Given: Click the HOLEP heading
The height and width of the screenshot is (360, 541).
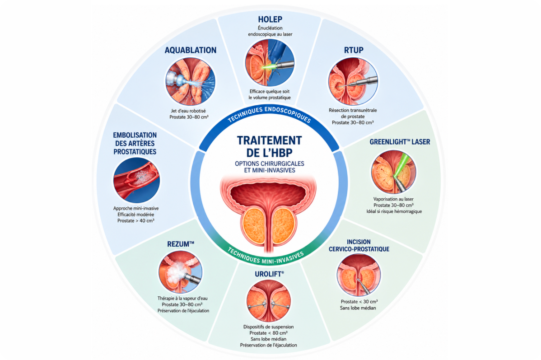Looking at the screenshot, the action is tap(270, 19).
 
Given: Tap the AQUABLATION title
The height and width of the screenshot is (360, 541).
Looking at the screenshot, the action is tap(191, 51).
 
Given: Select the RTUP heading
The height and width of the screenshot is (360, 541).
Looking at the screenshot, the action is tap(354, 50).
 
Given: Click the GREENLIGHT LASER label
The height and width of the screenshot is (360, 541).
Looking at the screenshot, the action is tap(400, 142).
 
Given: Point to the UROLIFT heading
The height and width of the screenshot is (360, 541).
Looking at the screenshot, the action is tap(269, 274).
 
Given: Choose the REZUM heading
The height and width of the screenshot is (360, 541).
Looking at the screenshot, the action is tap(181, 244).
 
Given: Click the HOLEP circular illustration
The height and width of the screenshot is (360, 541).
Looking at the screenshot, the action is tap(270, 63).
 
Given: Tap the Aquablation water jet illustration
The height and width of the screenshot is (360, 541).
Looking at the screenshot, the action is tap(191, 81).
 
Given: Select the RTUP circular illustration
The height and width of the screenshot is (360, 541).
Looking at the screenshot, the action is tap(353, 81).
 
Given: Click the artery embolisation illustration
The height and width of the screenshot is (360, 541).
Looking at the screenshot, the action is tap(137, 180).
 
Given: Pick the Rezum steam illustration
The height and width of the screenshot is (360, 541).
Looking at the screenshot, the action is tap(181, 272).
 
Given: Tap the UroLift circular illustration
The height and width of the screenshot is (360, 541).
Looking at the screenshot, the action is tap(268, 301).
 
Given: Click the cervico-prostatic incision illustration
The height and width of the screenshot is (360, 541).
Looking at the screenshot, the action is tap(359, 275).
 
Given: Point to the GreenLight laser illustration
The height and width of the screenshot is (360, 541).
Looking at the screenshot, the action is tap(394, 172).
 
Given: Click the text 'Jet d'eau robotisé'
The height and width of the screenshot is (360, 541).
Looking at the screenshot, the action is tap(188, 111).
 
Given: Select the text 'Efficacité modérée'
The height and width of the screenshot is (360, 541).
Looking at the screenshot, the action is tap(135, 215).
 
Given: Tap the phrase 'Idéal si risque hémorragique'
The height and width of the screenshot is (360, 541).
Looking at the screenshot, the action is tap(394, 211).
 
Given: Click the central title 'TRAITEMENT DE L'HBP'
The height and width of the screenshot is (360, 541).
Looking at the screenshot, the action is tap(269, 146).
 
